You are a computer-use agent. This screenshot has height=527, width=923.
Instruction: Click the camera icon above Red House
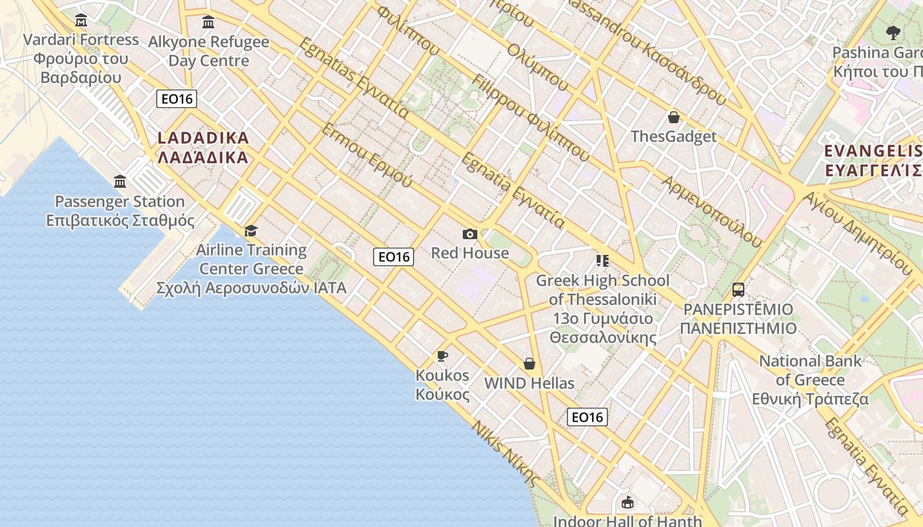[x=469, y=234]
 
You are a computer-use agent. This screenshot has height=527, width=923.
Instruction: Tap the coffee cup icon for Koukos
[x=442, y=356]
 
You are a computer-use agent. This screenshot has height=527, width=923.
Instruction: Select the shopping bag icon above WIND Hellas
[x=529, y=364]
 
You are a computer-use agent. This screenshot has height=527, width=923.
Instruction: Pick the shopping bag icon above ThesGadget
[x=673, y=117]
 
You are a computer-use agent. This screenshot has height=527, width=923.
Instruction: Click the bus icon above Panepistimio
[x=738, y=290]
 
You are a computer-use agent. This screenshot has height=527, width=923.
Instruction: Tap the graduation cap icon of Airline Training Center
[x=251, y=231]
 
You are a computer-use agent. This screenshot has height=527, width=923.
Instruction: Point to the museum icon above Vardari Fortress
[x=81, y=20]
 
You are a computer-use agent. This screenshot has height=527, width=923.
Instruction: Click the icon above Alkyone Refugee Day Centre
[x=208, y=22]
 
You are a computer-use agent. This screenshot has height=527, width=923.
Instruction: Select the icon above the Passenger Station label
[x=120, y=181]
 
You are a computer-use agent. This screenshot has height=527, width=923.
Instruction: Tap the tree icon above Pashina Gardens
[x=893, y=33]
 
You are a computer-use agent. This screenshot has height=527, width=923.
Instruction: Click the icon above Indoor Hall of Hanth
[x=627, y=503]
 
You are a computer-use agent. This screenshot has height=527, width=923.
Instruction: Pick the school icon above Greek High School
[x=602, y=261]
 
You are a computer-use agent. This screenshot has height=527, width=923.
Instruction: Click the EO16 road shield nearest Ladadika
[x=177, y=99]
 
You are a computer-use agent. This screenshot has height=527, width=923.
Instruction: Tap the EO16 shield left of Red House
[x=394, y=257]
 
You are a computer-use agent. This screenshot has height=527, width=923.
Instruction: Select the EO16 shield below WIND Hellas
[x=587, y=417]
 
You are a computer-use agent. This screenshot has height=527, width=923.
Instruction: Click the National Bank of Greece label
[x=810, y=380]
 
